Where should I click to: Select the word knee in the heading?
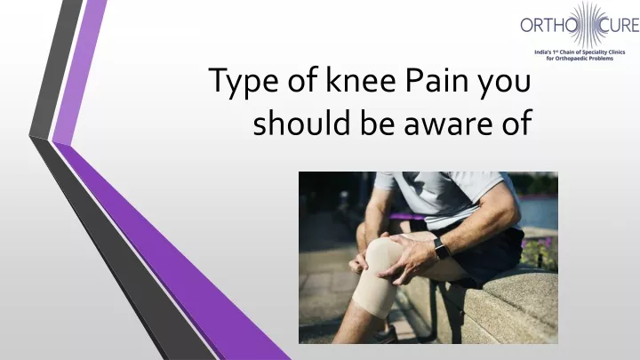pyautogui.click(x=361, y=79)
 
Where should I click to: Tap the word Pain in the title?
pyautogui.click(x=436, y=80)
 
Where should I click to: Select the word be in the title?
pyautogui.click(x=377, y=122)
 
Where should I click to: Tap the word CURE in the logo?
pyautogui.click(x=619, y=25)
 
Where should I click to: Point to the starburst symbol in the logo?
pyautogui.click(x=588, y=24)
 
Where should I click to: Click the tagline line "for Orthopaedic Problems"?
pyautogui.click(x=580, y=59)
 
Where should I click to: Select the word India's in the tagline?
pyautogui.click(x=543, y=52)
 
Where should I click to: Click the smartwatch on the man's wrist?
pyautogui.click(x=441, y=249)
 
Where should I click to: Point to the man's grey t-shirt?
pyautogui.click(x=449, y=196)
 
